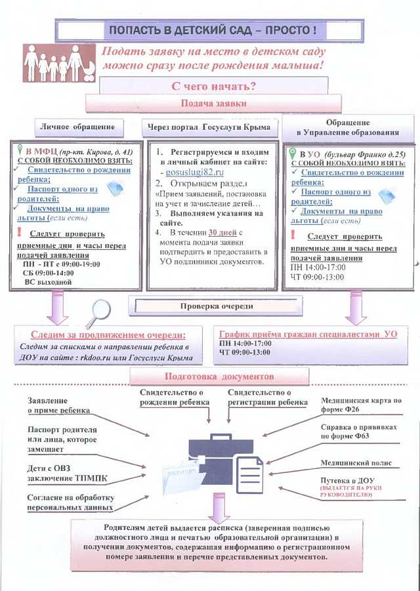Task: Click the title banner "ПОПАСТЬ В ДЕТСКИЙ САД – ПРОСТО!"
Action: [x=212, y=30]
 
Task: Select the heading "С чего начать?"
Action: [x=214, y=86]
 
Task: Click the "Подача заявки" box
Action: [x=213, y=103]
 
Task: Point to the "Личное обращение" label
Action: [x=77, y=127]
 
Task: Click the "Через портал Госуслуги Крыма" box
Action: [x=210, y=127]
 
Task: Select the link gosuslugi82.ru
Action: [x=190, y=171]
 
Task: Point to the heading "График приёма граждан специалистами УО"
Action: [x=308, y=334]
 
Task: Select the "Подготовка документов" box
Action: [x=220, y=377]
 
